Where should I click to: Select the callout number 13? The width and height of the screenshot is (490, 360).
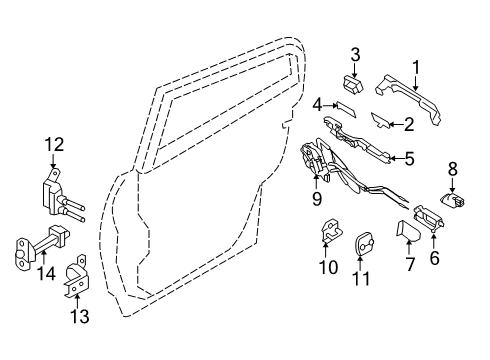78,318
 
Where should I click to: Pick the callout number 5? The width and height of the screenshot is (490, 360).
409,158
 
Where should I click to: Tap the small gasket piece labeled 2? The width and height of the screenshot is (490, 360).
382,121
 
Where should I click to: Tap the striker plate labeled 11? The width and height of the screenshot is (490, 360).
363,243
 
